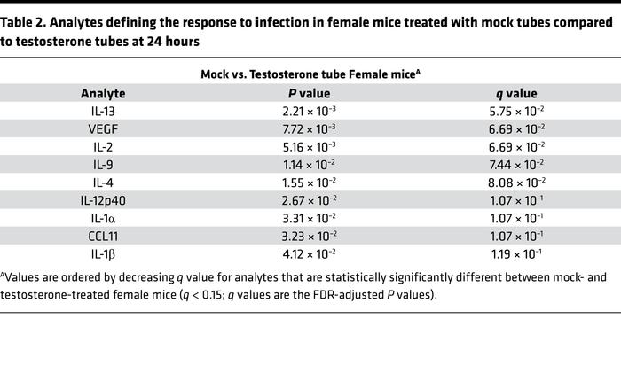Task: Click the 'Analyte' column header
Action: pyautogui.click(x=103, y=93)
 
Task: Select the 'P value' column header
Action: pyautogui.click(x=310, y=93)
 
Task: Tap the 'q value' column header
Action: pyautogui.click(x=515, y=93)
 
